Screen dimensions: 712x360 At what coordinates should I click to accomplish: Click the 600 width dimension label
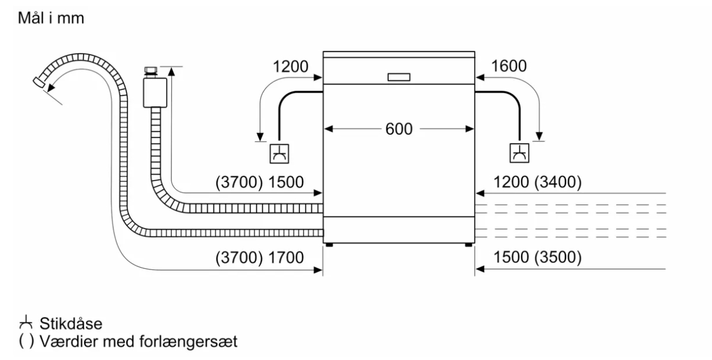(399, 129)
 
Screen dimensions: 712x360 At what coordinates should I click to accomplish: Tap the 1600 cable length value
(509, 66)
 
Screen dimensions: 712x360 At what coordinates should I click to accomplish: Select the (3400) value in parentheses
(558, 182)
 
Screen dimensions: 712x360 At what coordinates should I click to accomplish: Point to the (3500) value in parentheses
(558, 257)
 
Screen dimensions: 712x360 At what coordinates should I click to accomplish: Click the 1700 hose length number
(286, 257)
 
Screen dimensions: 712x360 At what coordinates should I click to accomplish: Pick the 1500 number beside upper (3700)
(286, 182)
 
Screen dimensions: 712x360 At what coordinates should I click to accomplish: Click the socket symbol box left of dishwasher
(279, 154)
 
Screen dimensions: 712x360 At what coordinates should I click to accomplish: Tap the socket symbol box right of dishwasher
(519, 153)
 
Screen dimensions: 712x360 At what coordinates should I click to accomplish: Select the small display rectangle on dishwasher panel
(399, 77)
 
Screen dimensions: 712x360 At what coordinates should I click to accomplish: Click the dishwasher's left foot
(329, 245)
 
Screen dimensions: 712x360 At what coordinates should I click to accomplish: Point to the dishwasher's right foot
(469, 245)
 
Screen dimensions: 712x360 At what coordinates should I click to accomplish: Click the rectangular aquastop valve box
(155, 92)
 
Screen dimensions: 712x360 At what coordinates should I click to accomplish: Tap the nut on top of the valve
(151, 70)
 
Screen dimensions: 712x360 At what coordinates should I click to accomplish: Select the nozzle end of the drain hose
(39, 82)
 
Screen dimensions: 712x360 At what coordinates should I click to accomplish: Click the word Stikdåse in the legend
(71, 324)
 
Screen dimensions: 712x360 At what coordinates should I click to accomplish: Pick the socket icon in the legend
(26, 322)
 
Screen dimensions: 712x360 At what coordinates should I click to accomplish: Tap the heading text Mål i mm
(51, 18)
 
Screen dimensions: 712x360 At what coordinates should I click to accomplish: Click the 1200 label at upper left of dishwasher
(291, 67)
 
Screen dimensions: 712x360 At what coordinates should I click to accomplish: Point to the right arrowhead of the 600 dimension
(470, 129)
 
